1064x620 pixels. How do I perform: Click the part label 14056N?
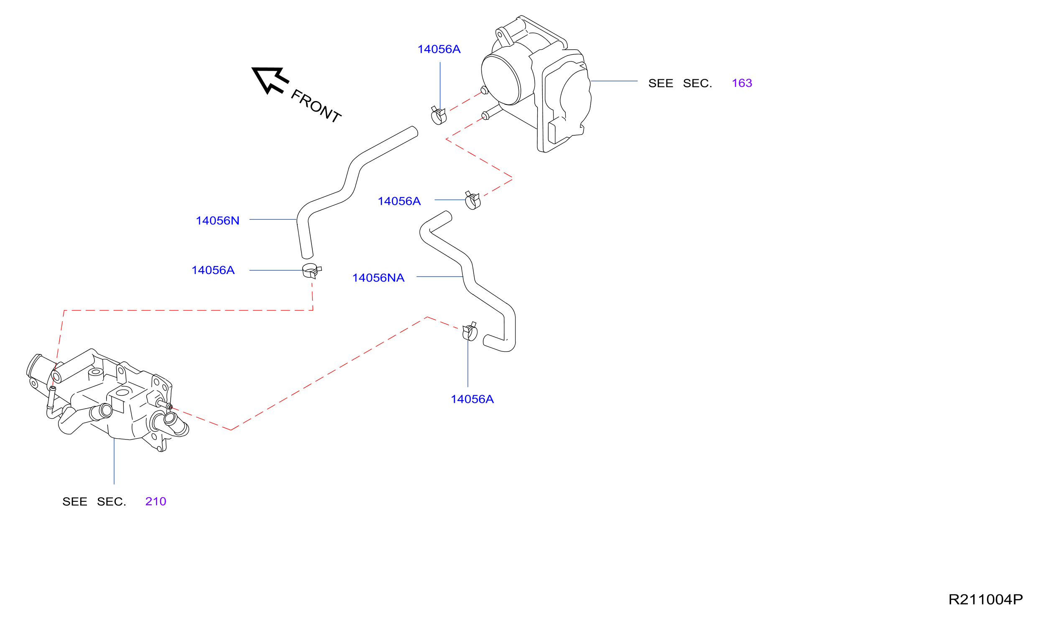click(217, 221)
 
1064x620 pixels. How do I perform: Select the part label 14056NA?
click(378, 278)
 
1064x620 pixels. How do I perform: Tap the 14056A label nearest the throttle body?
click(439, 49)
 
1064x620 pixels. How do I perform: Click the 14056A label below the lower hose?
click(472, 399)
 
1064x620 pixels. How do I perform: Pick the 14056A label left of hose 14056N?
click(213, 270)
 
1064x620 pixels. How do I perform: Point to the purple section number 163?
click(742, 83)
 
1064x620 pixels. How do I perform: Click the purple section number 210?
click(156, 501)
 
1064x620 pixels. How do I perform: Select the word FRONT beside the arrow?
click(316, 106)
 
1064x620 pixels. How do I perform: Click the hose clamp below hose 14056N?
click(311, 271)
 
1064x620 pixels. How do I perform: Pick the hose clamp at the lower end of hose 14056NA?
click(470, 332)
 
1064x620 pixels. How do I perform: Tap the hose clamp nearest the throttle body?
click(439, 116)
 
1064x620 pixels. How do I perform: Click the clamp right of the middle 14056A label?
click(472, 201)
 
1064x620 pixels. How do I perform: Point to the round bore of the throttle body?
click(501, 80)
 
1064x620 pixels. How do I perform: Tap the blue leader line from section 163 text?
click(614, 81)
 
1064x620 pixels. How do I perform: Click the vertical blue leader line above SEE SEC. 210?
click(114, 462)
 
